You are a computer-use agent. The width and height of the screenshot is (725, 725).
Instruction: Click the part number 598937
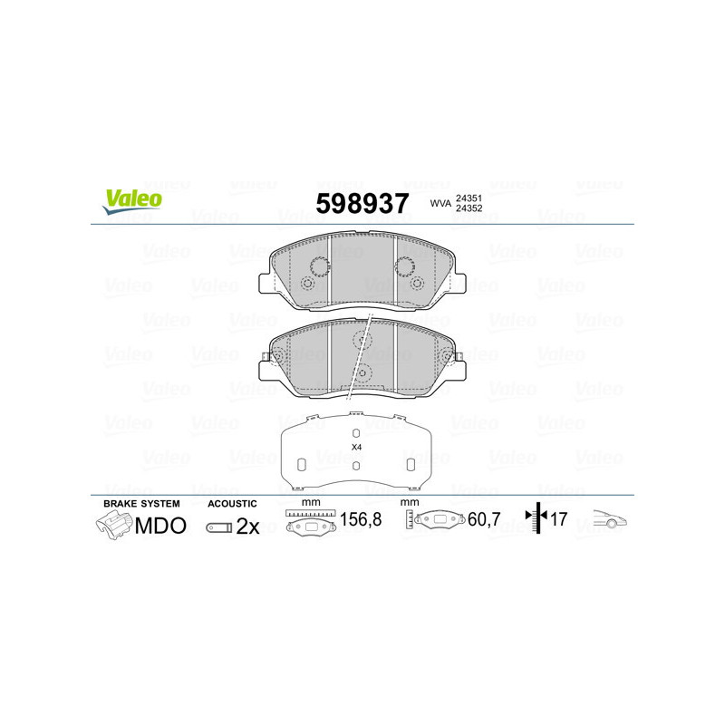[x=362, y=203]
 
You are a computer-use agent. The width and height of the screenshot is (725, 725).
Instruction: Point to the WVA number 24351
[x=468, y=197]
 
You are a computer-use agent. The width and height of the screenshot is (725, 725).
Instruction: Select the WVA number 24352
[x=468, y=209]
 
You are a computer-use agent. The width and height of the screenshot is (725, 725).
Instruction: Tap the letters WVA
[x=440, y=203]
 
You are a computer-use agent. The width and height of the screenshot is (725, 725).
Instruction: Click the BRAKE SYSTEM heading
[x=141, y=503]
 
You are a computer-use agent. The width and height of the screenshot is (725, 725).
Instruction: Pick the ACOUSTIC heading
[x=233, y=503]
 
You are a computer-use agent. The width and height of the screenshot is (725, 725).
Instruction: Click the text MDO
[x=160, y=526]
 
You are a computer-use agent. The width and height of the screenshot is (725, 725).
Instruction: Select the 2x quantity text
[x=247, y=527]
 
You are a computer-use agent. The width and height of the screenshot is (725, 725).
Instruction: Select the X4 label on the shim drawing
[x=356, y=448]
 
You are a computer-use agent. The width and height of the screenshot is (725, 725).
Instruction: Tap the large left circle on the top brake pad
[x=319, y=266]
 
